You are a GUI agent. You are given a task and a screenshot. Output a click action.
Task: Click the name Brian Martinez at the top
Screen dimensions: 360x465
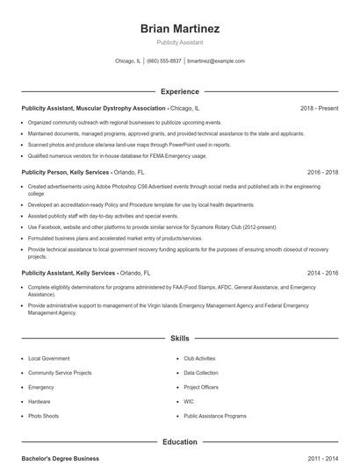(179, 28)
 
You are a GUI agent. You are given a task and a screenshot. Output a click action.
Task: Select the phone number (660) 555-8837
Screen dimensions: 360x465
(164, 61)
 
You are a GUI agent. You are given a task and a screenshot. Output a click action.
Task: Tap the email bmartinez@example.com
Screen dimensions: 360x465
(216, 61)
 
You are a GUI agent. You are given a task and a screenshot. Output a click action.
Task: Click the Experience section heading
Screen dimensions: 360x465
(179, 91)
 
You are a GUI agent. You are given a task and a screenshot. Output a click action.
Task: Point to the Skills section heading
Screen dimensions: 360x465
(179, 337)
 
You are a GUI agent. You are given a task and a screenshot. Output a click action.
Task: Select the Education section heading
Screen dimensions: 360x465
(179, 442)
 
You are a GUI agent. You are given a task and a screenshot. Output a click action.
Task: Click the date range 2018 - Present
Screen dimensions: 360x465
(319, 108)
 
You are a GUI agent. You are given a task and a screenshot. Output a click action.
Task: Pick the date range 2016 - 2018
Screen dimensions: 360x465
(322, 172)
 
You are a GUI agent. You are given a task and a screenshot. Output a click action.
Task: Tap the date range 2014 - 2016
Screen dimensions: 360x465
(322, 273)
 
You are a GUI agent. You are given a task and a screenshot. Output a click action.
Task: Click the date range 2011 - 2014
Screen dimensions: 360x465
(322, 459)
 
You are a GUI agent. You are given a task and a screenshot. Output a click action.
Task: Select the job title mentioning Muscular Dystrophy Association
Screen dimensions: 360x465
(94, 108)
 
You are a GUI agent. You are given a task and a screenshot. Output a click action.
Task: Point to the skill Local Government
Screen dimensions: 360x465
(48, 358)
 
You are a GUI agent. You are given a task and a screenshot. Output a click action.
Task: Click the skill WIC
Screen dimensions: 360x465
(189, 401)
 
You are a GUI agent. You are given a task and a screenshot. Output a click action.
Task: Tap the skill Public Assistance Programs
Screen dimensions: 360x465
(214, 415)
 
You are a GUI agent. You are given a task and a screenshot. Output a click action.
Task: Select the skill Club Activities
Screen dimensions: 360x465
(199, 358)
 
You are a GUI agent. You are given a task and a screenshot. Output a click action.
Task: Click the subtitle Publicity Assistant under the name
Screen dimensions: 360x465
(179, 41)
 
